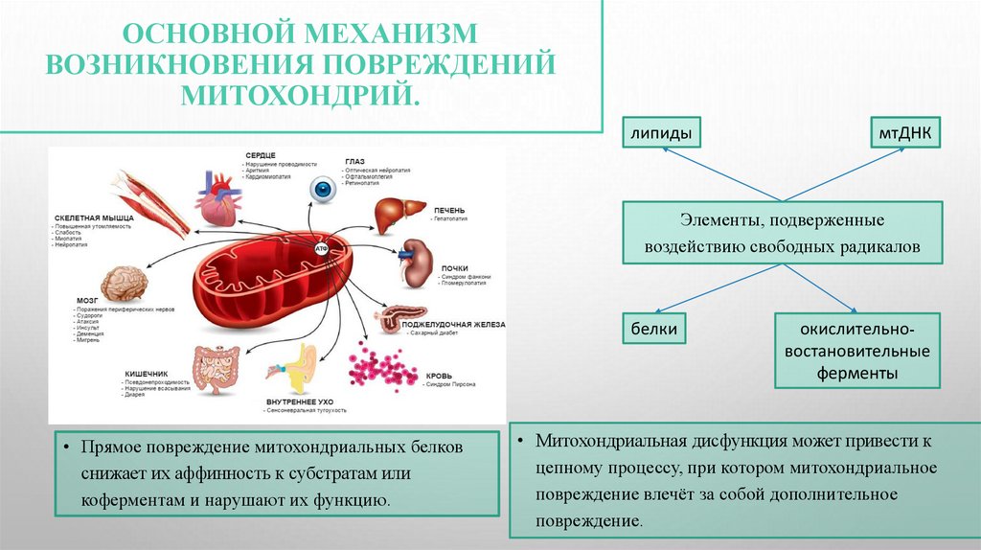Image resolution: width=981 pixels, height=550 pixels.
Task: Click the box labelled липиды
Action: pyautogui.click(x=660, y=132)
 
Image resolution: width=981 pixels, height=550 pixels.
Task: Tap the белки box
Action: pyautogui.click(x=654, y=330)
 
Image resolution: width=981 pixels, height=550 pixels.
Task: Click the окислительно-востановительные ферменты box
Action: pyautogui.click(x=856, y=350)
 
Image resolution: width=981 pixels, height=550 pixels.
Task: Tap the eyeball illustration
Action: pyautogui.click(x=323, y=190)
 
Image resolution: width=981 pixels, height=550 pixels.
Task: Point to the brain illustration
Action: pyautogui.click(x=125, y=282)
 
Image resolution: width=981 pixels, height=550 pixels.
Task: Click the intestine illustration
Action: pyautogui.click(x=215, y=369)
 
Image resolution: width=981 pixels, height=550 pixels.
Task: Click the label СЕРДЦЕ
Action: pyautogui.click(x=260, y=154)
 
